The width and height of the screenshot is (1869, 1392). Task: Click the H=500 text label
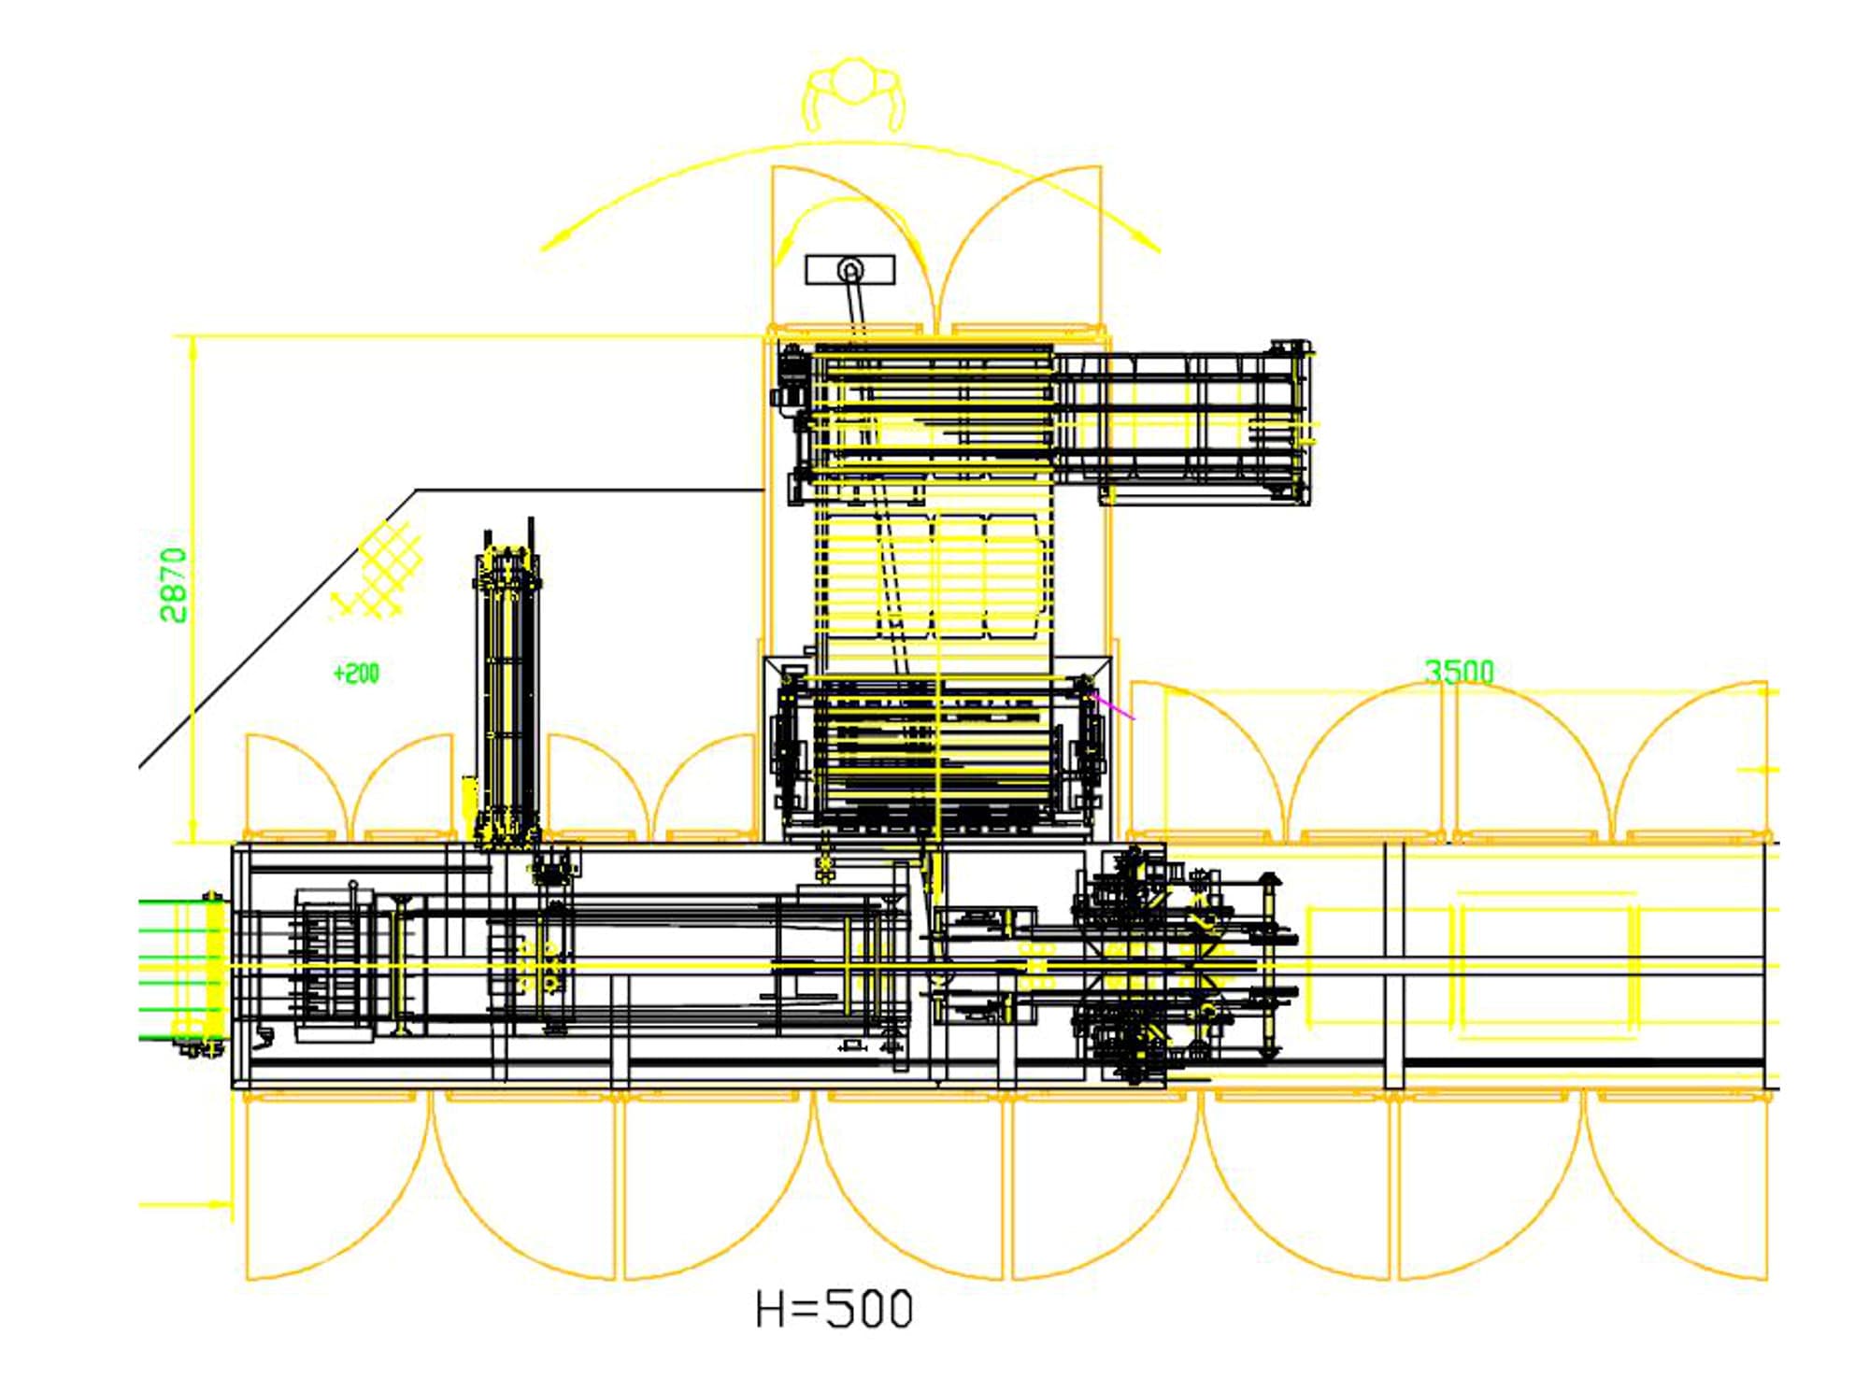(834, 1309)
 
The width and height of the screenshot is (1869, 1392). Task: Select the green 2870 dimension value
(174, 585)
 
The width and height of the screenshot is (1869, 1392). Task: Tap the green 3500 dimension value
(1459, 671)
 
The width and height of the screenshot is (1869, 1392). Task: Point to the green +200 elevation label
(356, 673)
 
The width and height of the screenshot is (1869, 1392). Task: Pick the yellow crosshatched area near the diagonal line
(376, 570)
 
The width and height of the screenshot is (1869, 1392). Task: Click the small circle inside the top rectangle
(850, 271)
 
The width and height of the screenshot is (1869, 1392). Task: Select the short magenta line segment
(1113, 705)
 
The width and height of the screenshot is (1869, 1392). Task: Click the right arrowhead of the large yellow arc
(1148, 240)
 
